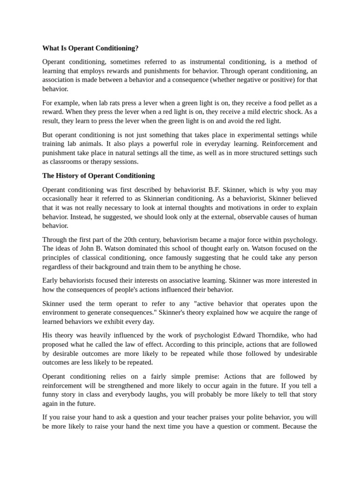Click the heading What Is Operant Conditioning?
(x=90, y=48)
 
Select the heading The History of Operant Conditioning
(x=98, y=176)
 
